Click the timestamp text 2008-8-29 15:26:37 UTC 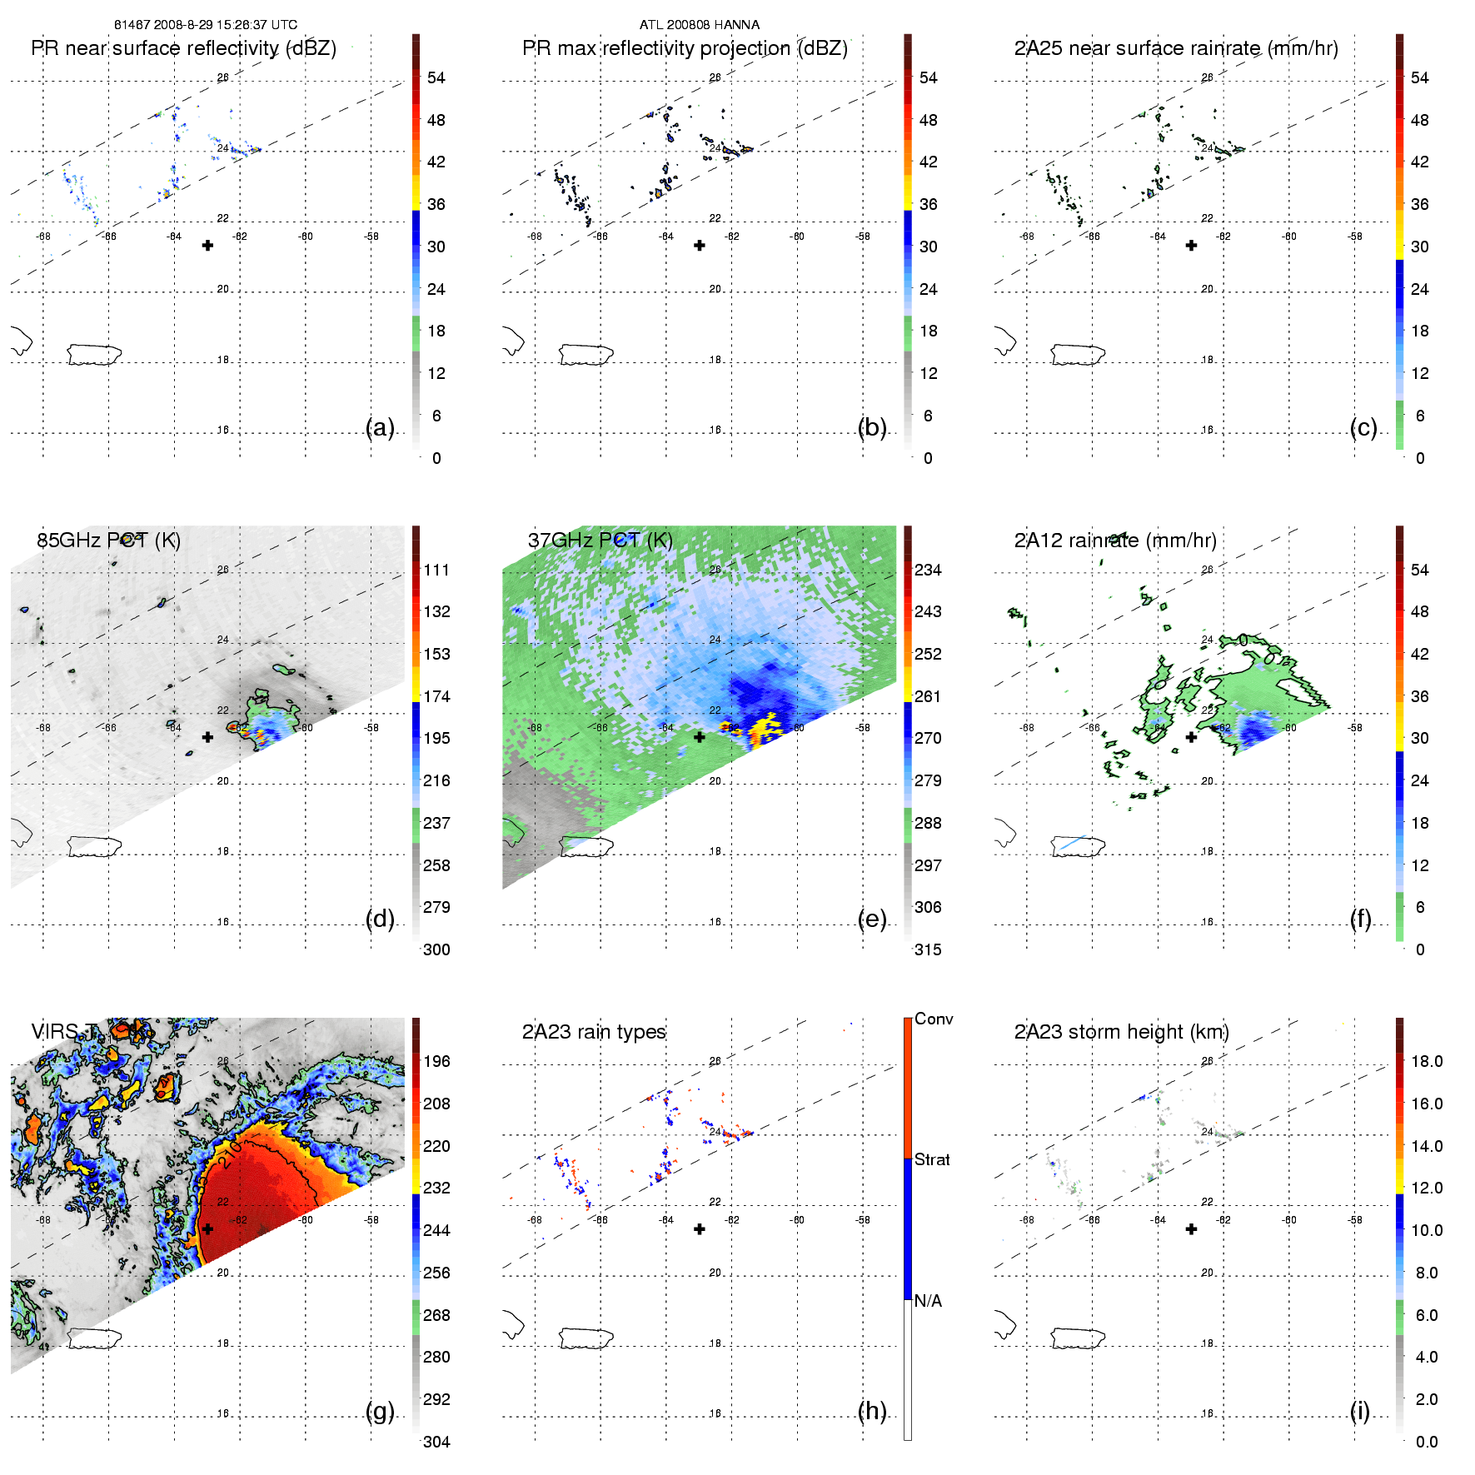pos(225,25)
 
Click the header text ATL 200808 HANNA pos(700,25)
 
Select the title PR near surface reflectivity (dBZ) pos(183,48)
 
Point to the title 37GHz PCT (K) pos(600,541)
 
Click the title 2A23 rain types pos(594,1032)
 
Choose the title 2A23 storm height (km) pos(1122,1032)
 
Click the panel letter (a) pos(380,427)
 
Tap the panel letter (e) pos(872,919)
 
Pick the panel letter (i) pos(1360,1411)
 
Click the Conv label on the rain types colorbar pos(934,1019)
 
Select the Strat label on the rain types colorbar pos(932,1159)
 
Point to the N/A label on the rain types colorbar pos(929,1301)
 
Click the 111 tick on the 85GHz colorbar pos(436,570)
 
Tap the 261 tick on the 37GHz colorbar pos(928,696)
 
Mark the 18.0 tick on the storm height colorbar pos(1426,1061)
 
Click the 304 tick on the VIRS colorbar pos(436,1442)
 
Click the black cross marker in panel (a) pos(207,245)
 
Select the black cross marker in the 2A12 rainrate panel pos(1191,737)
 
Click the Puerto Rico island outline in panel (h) pos(586,1338)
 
